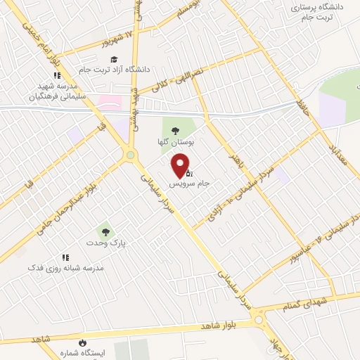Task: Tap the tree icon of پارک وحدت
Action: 104,231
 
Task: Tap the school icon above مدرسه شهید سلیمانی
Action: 56,77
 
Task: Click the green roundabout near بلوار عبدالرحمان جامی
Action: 130,155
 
